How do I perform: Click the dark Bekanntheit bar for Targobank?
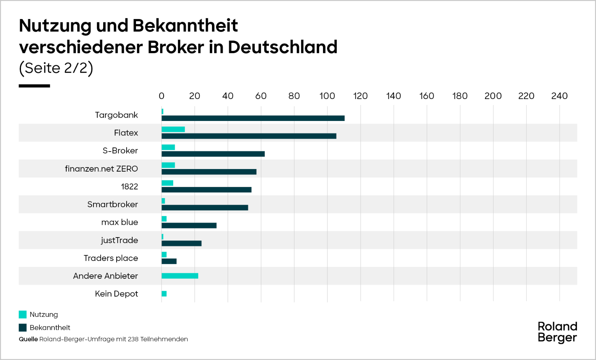pos(253,118)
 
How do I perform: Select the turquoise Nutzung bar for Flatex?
pos(173,129)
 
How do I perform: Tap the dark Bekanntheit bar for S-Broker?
pos(213,154)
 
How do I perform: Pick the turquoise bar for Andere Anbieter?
pos(180,276)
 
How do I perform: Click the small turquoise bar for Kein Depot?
pos(164,294)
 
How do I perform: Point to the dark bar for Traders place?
pos(169,261)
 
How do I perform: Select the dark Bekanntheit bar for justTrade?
pos(181,243)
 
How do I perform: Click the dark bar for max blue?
pos(189,226)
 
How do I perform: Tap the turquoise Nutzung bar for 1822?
pos(167,183)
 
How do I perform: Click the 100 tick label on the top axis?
pos(327,96)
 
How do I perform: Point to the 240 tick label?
pos(559,96)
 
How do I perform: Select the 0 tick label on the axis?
pos(161,96)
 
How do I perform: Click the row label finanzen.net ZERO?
pos(101,169)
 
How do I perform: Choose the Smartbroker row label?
pos(112,204)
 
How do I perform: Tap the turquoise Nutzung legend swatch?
pos(23,315)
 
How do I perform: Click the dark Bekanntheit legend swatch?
pos(23,328)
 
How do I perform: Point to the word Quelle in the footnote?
pos(28,339)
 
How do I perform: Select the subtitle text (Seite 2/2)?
pos(56,68)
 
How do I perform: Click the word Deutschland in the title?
pos(282,47)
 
